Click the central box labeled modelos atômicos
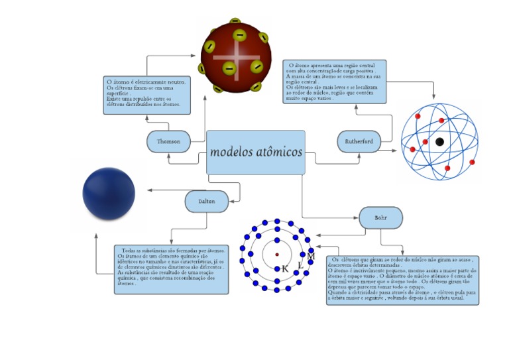click(x=256, y=152)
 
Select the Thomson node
click(x=168, y=142)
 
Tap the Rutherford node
click(x=359, y=141)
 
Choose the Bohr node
click(x=380, y=217)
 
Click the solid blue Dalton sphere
click(x=109, y=194)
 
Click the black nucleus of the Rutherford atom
click(x=439, y=141)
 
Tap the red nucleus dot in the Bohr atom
click(x=277, y=254)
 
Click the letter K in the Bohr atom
click(x=285, y=269)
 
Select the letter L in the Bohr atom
click(x=300, y=265)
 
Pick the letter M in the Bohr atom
click(x=311, y=256)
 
